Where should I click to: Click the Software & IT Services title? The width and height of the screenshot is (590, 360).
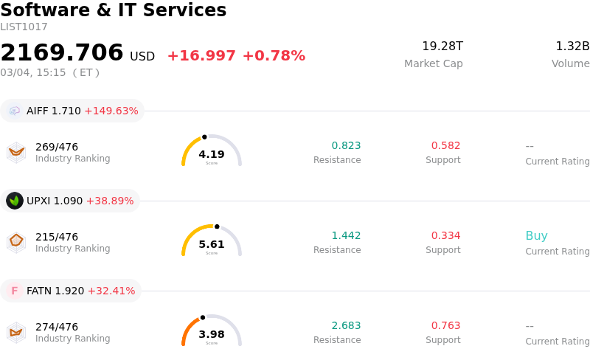(114, 10)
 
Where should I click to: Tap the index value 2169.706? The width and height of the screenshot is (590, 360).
(62, 53)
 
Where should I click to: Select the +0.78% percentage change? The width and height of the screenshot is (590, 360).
(274, 56)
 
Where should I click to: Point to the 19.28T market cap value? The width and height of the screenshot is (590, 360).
(442, 46)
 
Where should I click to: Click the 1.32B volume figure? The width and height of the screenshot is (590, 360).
(572, 46)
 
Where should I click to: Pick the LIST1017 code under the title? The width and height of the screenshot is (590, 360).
(24, 27)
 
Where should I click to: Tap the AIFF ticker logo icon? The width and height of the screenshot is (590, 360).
(15, 111)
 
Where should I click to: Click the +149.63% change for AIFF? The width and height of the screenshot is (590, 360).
(111, 111)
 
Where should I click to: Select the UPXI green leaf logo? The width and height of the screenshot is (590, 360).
(15, 201)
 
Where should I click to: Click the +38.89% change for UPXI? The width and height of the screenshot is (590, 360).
(110, 201)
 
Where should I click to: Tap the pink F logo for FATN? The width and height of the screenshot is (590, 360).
(15, 291)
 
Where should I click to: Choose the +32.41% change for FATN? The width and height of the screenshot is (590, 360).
(111, 291)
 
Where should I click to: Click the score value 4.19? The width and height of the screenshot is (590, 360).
(212, 154)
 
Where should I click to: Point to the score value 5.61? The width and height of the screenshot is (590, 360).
(212, 244)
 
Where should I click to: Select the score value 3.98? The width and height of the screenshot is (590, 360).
(212, 334)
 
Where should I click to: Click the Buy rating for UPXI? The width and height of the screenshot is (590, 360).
(536, 236)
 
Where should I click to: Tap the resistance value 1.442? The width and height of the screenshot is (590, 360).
(346, 236)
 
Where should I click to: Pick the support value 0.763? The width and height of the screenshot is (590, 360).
(445, 326)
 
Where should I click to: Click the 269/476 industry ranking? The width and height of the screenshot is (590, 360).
(57, 147)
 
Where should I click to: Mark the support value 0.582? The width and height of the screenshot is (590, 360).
(445, 146)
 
